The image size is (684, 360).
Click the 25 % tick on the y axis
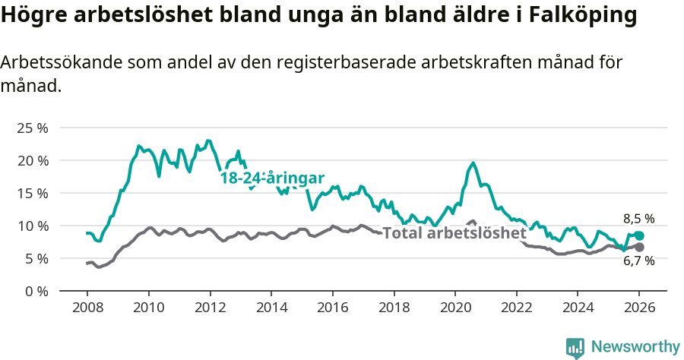click(x=31, y=128)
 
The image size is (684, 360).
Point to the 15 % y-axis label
click(x=31, y=193)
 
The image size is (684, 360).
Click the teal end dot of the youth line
click(x=639, y=235)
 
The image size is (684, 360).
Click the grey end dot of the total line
click(x=639, y=248)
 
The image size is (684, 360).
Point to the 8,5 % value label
click(x=638, y=219)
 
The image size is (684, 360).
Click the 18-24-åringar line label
click(x=272, y=178)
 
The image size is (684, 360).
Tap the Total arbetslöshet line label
click(x=454, y=233)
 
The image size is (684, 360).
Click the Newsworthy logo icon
click(x=575, y=348)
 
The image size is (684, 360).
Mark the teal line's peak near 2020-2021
click(x=473, y=163)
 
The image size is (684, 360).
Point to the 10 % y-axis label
click(x=31, y=226)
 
